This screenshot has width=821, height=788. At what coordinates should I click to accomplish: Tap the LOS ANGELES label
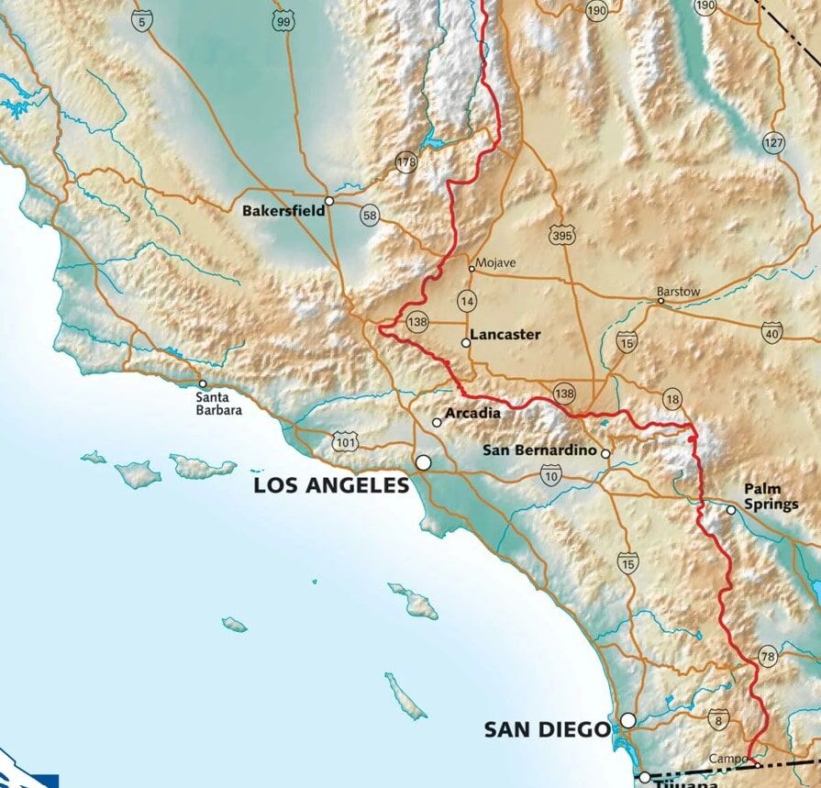[x=331, y=486]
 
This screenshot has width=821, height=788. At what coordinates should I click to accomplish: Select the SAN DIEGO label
[x=547, y=730]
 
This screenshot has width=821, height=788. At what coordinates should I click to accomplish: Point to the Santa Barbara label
[x=219, y=404]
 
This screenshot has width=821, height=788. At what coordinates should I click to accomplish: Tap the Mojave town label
[x=496, y=263]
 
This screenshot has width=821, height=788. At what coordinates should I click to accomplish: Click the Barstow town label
[x=679, y=292]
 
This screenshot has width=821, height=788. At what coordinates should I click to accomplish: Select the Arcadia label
[x=472, y=414]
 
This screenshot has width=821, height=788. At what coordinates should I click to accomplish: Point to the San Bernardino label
[x=540, y=451]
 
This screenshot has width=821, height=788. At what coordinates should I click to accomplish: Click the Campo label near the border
[x=727, y=760]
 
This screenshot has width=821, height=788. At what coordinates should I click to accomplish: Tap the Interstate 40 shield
[x=771, y=331]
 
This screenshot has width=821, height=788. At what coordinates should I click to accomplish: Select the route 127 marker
[x=773, y=143]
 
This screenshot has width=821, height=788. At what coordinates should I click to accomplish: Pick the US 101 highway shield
[x=346, y=442]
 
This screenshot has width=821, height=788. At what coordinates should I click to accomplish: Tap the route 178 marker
[x=406, y=162]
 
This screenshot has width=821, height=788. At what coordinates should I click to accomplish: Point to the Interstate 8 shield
[x=717, y=721]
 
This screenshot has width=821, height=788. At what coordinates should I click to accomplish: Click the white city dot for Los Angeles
[x=423, y=463]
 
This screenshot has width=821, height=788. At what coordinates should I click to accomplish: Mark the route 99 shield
[x=283, y=19]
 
